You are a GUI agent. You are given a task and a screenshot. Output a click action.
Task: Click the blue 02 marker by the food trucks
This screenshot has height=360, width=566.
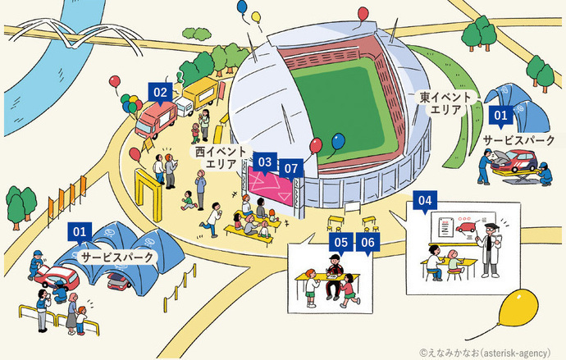point(160,93)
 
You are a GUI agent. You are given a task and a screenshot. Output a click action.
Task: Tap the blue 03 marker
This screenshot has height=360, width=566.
point(264,162)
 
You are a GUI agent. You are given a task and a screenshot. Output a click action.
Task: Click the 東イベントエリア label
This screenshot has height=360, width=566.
point(446,103)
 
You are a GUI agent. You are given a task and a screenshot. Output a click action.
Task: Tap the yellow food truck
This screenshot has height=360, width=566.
point(196,101)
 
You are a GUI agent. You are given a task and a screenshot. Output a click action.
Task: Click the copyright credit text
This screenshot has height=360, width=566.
point(489,351)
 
